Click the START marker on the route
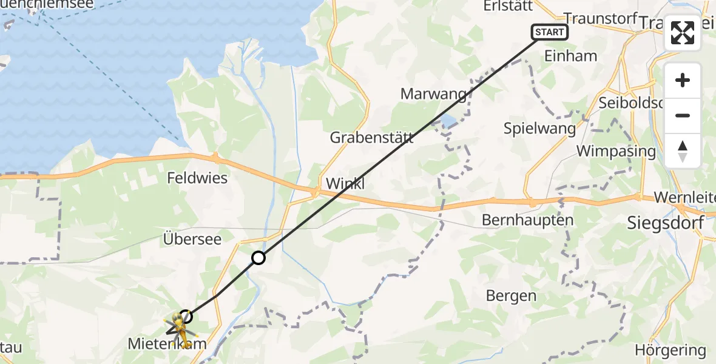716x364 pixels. coord(550,32)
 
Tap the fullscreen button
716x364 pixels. coord(683,33)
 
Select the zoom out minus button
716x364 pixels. coord(683,115)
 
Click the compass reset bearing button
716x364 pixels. coord(683,150)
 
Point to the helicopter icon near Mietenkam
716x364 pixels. coord(178,324)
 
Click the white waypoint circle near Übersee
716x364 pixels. coord(258,258)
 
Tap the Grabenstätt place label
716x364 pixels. coord(372,137)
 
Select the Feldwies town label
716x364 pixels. coord(197,178)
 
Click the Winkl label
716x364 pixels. coord(346,183)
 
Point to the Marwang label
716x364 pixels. coord(434,94)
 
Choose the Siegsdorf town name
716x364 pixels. coord(666,223)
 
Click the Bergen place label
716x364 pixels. coord(511,295)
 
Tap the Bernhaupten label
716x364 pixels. coord(527,220)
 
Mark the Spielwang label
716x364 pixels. coord(539,128)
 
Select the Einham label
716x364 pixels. coord(571,56)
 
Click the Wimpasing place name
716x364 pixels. coord(616,151)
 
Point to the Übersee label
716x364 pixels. coord(192,238)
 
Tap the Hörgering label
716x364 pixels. coord(670,350)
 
